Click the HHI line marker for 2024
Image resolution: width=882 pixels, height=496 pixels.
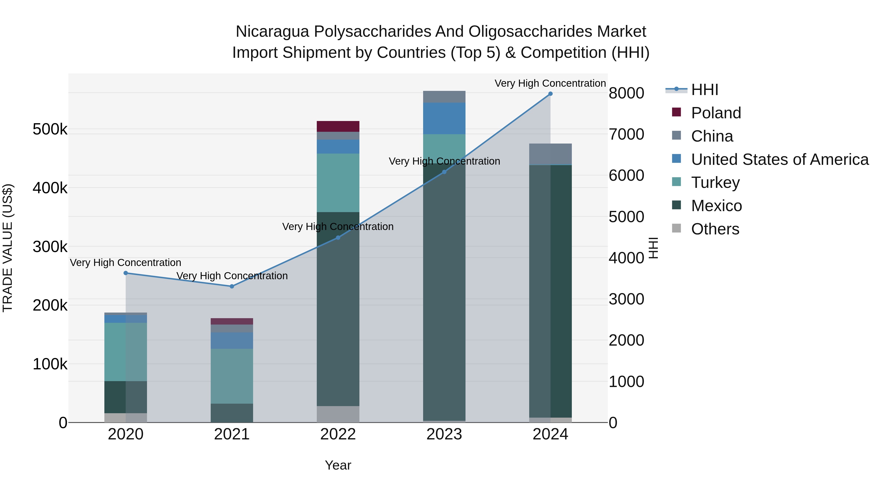pos(550,94)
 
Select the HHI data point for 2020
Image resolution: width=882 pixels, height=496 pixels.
pos(126,273)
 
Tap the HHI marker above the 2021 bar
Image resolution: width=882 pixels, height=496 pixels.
pos(232,286)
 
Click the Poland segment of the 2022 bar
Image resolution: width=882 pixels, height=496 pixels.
pos(338,126)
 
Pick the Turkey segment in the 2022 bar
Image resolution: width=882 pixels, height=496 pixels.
pos(338,183)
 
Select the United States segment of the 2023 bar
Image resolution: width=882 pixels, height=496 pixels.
pos(444,119)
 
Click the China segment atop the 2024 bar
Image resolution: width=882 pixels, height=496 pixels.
pos(550,154)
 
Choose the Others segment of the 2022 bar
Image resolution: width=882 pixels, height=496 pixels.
pos(338,414)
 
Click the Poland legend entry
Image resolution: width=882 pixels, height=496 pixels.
pos(716,113)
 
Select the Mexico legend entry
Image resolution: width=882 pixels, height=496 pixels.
pos(716,206)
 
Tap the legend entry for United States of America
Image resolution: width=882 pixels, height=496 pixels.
pos(780,159)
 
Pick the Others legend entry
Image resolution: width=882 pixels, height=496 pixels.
pos(715,229)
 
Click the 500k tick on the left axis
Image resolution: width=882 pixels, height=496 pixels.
pos(50,129)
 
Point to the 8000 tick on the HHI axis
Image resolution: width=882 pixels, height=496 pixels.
pos(626,93)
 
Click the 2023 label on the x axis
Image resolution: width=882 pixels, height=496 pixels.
pos(444,434)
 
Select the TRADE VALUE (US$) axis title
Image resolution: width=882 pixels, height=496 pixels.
pos(8,248)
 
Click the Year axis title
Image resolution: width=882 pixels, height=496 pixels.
pos(338,465)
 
